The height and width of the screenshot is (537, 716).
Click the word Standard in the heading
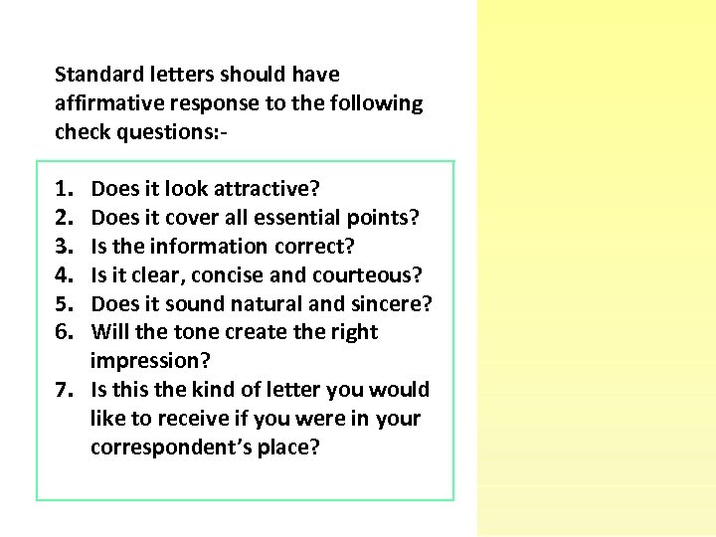94,75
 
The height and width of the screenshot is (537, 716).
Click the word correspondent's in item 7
170,447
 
